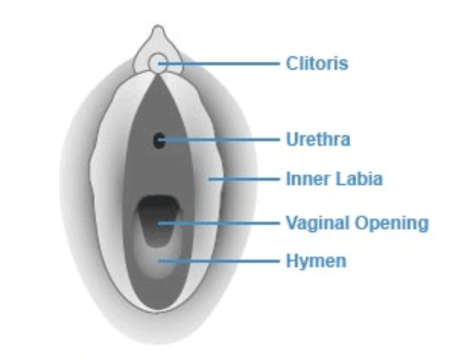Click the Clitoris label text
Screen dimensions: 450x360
pos(317,63)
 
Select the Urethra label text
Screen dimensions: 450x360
pos(318,140)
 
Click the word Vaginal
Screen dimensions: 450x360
pos(318,223)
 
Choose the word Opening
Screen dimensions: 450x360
pos(391,223)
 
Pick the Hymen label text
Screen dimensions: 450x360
pos(316,261)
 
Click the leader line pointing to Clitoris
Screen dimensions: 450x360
pos(219,63)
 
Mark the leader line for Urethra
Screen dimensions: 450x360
pos(219,140)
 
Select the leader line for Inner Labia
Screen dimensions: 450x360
pos(244,179)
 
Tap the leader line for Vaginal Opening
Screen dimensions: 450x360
pos(219,223)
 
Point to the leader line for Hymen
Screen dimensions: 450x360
pos(219,261)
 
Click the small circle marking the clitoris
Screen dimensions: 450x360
pos(158,62)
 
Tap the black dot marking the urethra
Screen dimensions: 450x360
pos(160,141)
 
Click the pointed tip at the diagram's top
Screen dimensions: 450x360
pos(158,27)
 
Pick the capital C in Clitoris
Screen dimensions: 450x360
pos(293,63)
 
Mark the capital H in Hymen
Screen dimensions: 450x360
pos(293,261)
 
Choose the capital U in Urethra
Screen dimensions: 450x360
pos(293,140)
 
